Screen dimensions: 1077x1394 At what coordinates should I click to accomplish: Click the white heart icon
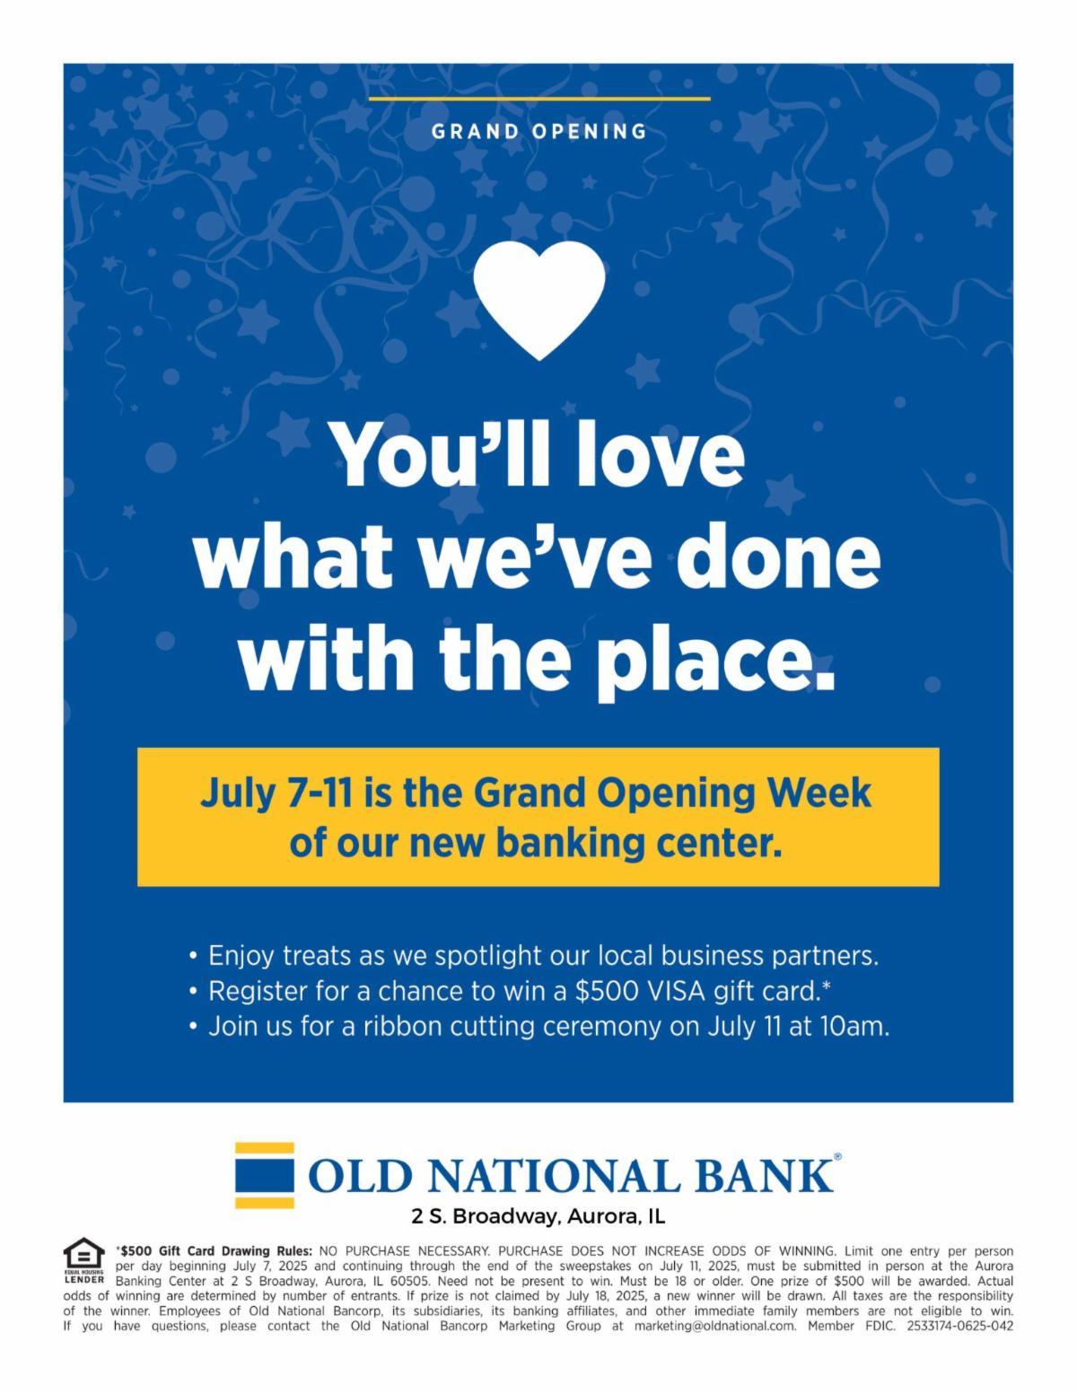(538, 298)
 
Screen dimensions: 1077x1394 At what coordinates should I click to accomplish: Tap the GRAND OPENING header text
(538, 132)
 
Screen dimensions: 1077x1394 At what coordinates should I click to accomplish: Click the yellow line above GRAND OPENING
(538, 99)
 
